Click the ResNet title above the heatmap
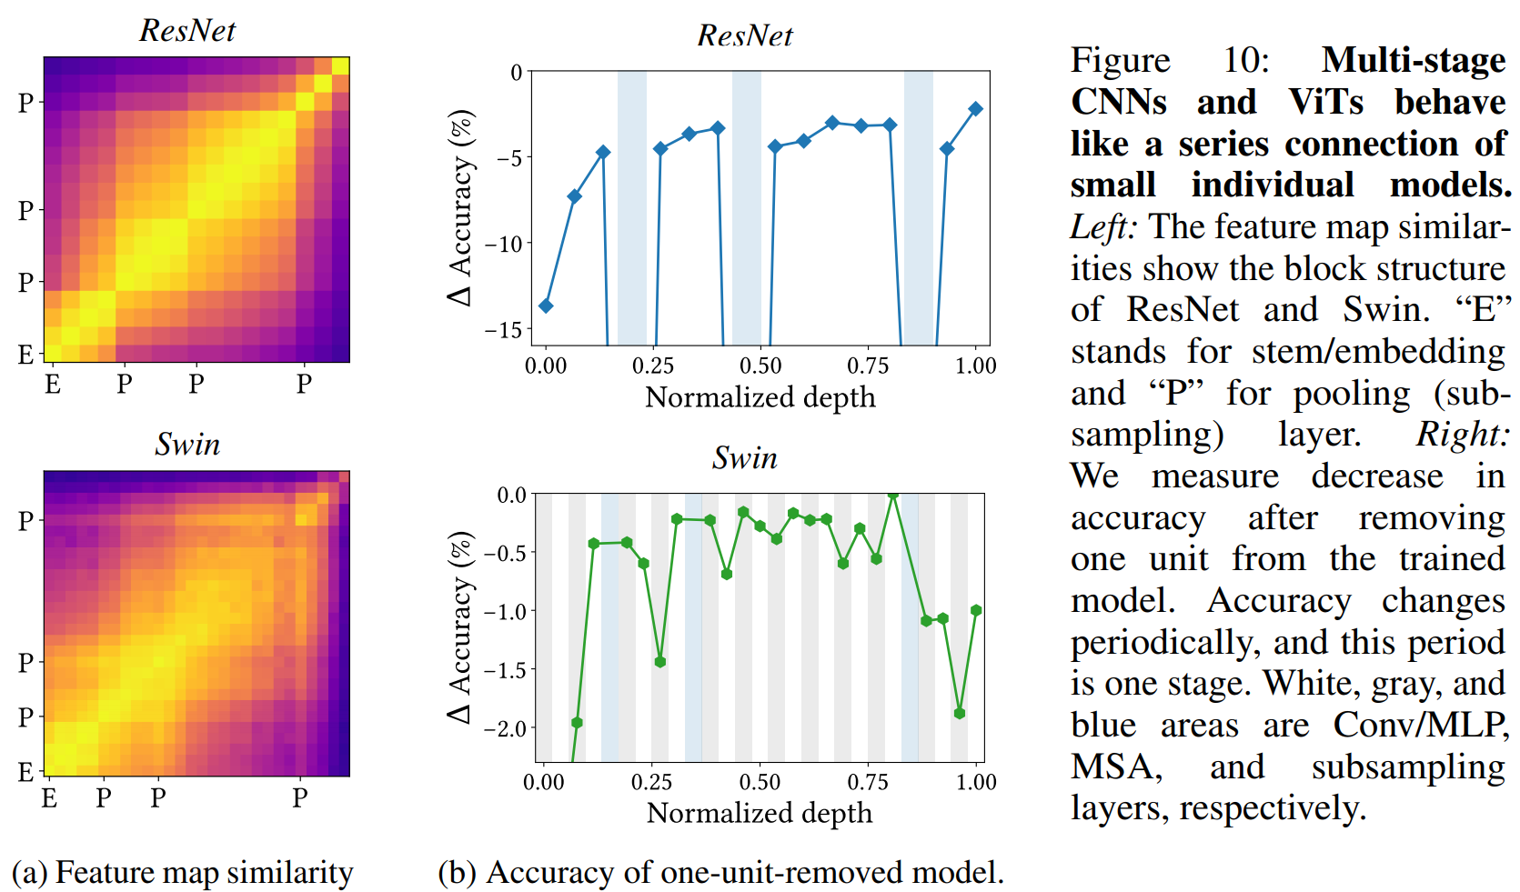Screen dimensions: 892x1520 (187, 31)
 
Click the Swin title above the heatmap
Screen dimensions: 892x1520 (187, 445)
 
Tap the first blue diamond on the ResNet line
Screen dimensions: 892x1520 (546, 306)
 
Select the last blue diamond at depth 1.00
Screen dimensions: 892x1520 (975, 109)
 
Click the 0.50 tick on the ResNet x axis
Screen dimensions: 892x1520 (760, 366)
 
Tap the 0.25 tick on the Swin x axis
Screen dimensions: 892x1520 (651, 782)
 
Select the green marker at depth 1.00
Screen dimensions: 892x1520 (976, 611)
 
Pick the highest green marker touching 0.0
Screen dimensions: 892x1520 (893, 495)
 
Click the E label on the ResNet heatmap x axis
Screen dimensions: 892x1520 (53, 385)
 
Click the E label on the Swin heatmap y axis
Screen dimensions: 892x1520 (25, 772)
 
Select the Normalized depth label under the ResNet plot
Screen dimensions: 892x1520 (760, 398)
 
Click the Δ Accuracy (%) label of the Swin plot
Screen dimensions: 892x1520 (460, 627)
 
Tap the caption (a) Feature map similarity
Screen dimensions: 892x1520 (182, 873)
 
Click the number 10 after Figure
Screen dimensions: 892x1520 (1244, 61)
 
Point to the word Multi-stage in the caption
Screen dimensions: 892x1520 (1414, 61)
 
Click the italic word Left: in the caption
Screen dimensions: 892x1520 (1102, 227)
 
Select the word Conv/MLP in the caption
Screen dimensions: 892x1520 (1421, 726)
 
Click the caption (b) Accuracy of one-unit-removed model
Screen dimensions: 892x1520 (720, 873)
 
